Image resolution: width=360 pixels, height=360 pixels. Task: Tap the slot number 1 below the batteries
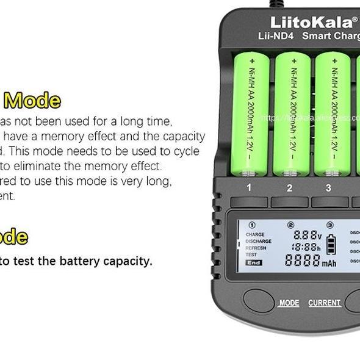pos(249,187)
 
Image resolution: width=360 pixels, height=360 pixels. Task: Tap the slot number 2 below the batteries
pos(289,188)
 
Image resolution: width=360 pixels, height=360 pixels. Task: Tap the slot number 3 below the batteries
pos(328,188)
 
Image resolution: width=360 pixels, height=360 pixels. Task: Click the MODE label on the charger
pos(289,303)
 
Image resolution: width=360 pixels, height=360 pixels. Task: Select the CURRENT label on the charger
pos(324,303)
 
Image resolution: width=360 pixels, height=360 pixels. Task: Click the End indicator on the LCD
pos(253,263)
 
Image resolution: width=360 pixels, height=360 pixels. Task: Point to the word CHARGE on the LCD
pos(255,234)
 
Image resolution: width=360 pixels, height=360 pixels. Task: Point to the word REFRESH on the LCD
pos(256,248)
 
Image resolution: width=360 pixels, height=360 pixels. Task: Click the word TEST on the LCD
pos(251,255)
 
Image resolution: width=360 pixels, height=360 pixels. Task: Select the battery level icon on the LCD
pos(331,244)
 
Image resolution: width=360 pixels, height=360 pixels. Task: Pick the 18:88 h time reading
pos(306,247)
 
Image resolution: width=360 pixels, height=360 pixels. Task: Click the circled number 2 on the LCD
pos(290,225)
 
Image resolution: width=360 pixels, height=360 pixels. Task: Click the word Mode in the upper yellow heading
pos(32,100)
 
